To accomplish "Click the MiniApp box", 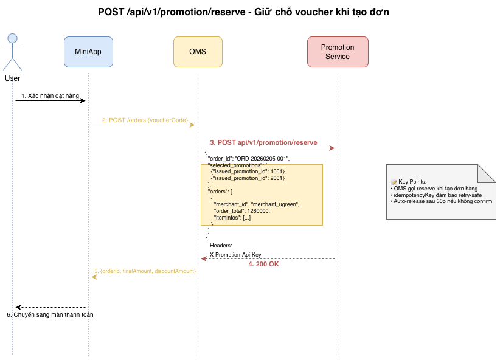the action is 88,52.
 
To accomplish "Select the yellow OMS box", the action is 198,52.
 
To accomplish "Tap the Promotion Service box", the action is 338,52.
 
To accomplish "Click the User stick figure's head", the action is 12,38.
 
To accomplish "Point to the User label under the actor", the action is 12,78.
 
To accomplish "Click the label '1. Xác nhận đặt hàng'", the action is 50,95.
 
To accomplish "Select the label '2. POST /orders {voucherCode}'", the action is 145,120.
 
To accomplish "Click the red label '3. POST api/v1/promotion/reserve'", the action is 263,142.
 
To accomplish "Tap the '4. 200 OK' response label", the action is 263,264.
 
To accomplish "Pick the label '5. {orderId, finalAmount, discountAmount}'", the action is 145,271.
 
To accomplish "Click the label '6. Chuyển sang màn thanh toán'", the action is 50,315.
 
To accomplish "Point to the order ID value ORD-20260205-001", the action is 262,159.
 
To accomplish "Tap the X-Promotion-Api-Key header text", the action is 235,255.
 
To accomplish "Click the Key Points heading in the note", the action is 412,182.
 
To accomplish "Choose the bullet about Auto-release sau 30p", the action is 442,201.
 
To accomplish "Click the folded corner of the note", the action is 487,173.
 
